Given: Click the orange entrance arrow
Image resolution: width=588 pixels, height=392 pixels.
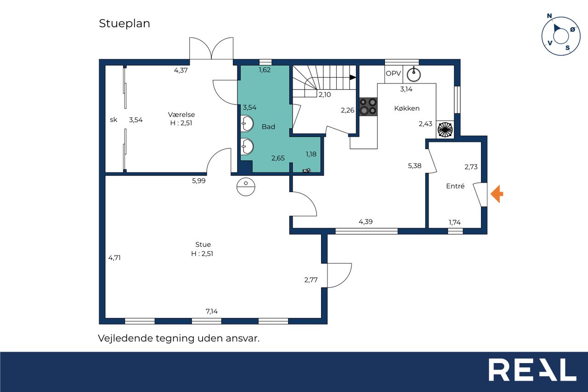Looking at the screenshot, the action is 497,194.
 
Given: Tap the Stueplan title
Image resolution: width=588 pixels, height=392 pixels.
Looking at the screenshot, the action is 124,23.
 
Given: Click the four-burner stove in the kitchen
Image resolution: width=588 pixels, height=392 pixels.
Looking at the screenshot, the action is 368,107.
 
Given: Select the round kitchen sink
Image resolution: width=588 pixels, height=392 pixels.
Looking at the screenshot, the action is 414,74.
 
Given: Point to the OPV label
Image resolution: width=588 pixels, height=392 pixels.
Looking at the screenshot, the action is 393,74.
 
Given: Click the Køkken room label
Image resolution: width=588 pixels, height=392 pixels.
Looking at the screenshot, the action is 407,108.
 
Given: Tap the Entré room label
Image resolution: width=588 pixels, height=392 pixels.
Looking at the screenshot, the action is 455,186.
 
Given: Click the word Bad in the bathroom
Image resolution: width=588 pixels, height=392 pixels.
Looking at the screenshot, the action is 268,126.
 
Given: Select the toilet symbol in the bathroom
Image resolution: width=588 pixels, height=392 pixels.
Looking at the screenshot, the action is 306,170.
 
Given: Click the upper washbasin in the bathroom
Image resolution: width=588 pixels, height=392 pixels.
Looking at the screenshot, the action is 247,124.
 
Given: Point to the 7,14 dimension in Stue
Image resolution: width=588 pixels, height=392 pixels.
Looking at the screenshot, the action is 212,312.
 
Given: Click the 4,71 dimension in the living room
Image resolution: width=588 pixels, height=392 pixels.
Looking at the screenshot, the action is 114,258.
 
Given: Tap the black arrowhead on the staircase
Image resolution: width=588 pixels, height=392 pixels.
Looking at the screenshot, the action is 352,78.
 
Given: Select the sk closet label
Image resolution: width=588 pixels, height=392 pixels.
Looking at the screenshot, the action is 113,120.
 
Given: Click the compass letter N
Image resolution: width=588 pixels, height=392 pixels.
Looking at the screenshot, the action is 549,16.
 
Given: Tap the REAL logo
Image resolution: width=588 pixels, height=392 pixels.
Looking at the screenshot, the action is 532,369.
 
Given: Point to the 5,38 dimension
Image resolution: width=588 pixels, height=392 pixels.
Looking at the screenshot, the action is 414,166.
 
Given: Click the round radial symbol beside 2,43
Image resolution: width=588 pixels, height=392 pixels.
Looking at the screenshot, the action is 445,130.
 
